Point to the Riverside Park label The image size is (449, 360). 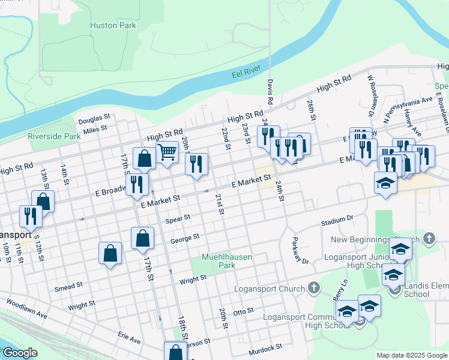(x=54, y=136)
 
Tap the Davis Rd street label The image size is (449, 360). (x=271, y=92)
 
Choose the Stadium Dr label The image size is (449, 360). (x=337, y=221)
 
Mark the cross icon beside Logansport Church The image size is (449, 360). (x=312, y=289)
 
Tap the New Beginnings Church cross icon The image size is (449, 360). (x=428, y=239)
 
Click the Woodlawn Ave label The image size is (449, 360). (x=26, y=309)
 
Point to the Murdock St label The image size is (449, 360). (x=266, y=347)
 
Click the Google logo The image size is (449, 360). (x=20, y=353)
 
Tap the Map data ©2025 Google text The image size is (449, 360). (x=412, y=355)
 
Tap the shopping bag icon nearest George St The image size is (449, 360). (x=142, y=238)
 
